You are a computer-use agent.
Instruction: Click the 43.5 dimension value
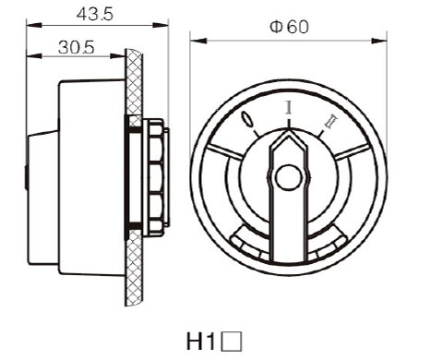[95, 14]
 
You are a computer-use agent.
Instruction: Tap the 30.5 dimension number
[76, 48]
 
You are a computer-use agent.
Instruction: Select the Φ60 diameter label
[289, 27]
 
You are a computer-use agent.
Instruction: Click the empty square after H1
[232, 341]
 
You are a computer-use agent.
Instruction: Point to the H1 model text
[201, 341]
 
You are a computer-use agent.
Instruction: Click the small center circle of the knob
[288, 177]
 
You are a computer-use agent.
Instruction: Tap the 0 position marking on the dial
[247, 119]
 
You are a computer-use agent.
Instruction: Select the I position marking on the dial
[289, 107]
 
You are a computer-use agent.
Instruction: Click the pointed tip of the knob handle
[289, 130]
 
